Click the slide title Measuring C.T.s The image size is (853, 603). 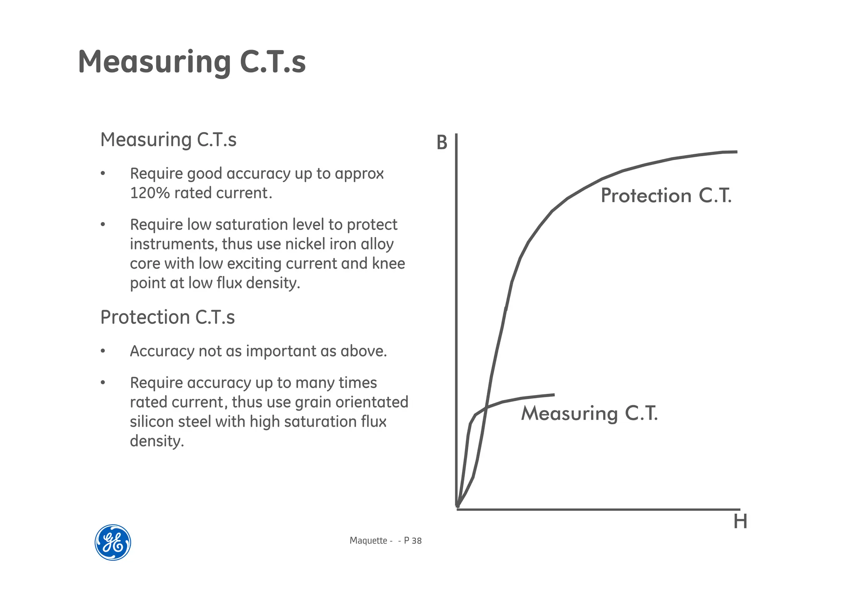192,62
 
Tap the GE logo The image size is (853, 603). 113,542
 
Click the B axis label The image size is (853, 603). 442,143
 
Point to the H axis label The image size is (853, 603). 740,522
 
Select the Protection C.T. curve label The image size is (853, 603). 666,196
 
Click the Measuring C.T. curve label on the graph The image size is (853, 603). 589,413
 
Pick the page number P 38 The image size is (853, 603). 413,541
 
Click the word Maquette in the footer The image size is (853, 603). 368,541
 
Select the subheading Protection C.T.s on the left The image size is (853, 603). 167,318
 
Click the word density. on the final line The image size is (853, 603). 157,441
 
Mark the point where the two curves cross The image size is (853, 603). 486,408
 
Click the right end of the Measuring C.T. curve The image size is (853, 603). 554,395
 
